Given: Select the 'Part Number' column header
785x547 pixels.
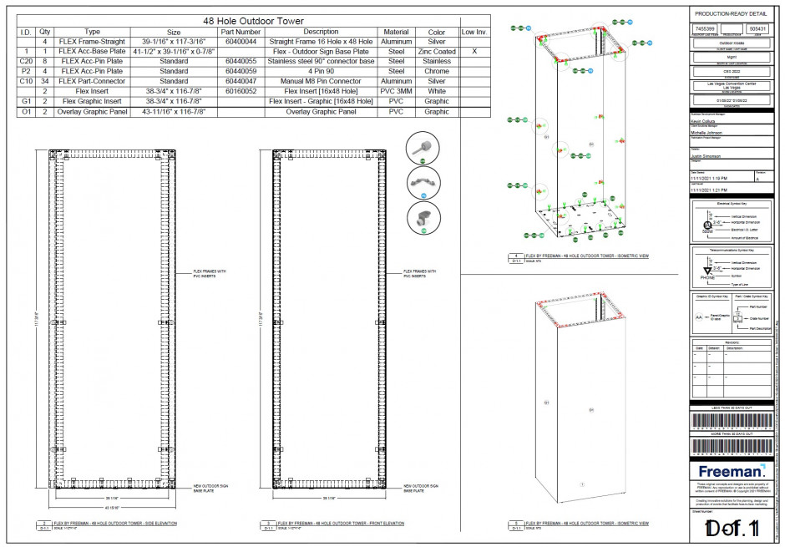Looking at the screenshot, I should (241, 32).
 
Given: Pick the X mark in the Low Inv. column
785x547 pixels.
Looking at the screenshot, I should (474, 51).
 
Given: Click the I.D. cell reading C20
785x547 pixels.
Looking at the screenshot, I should (26, 61).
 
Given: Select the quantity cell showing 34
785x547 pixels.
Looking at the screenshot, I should (44, 81).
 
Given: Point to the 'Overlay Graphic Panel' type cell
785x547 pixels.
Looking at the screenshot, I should (92, 111).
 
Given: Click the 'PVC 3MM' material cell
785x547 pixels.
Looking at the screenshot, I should (396, 91).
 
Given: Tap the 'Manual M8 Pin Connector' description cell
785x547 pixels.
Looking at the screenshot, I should (321, 81).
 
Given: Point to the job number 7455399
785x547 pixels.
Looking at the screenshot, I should (705, 28).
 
